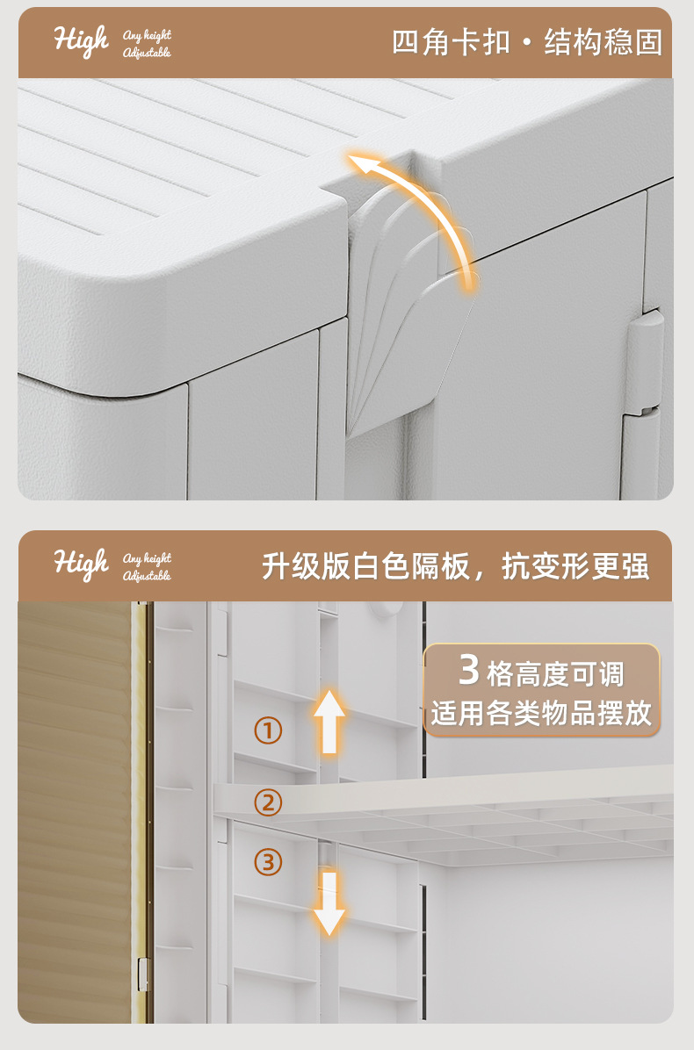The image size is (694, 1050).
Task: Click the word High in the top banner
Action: click(x=81, y=40)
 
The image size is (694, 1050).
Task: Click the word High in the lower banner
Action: click(x=81, y=564)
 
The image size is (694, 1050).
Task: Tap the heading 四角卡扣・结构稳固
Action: click(x=526, y=41)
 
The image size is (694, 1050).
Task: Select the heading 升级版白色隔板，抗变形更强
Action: click(x=455, y=566)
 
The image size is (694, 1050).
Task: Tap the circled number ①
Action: click(x=268, y=730)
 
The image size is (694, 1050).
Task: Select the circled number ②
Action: click(x=268, y=802)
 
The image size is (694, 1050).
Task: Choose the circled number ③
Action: click(x=268, y=862)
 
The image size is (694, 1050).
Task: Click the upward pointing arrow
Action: click(x=329, y=720)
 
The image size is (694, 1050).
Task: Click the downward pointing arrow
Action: click(x=329, y=903)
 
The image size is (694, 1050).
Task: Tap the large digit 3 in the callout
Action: click(x=469, y=672)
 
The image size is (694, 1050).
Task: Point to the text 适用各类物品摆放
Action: click(x=541, y=713)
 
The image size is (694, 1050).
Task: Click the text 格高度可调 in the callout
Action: click(x=554, y=674)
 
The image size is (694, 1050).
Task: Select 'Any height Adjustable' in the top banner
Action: click(x=147, y=44)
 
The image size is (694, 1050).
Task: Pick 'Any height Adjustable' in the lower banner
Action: click(x=147, y=567)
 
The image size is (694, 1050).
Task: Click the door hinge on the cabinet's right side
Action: click(x=647, y=360)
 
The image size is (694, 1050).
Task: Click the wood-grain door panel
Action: click(x=75, y=808)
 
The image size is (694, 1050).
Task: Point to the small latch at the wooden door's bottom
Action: click(x=142, y=974)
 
